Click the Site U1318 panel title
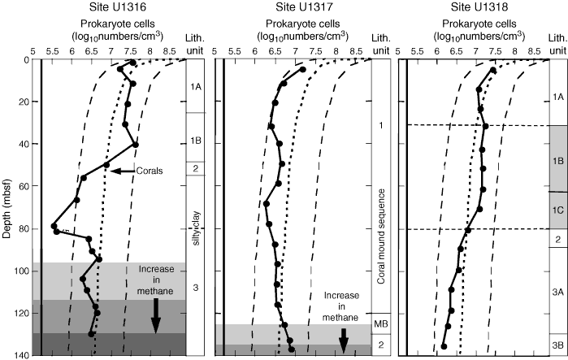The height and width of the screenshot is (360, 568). coord(479,7)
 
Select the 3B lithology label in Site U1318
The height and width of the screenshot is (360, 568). coord(557,342)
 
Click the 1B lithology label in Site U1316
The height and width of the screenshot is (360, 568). coord(196,140)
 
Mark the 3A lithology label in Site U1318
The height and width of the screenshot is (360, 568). coord(557,291)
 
